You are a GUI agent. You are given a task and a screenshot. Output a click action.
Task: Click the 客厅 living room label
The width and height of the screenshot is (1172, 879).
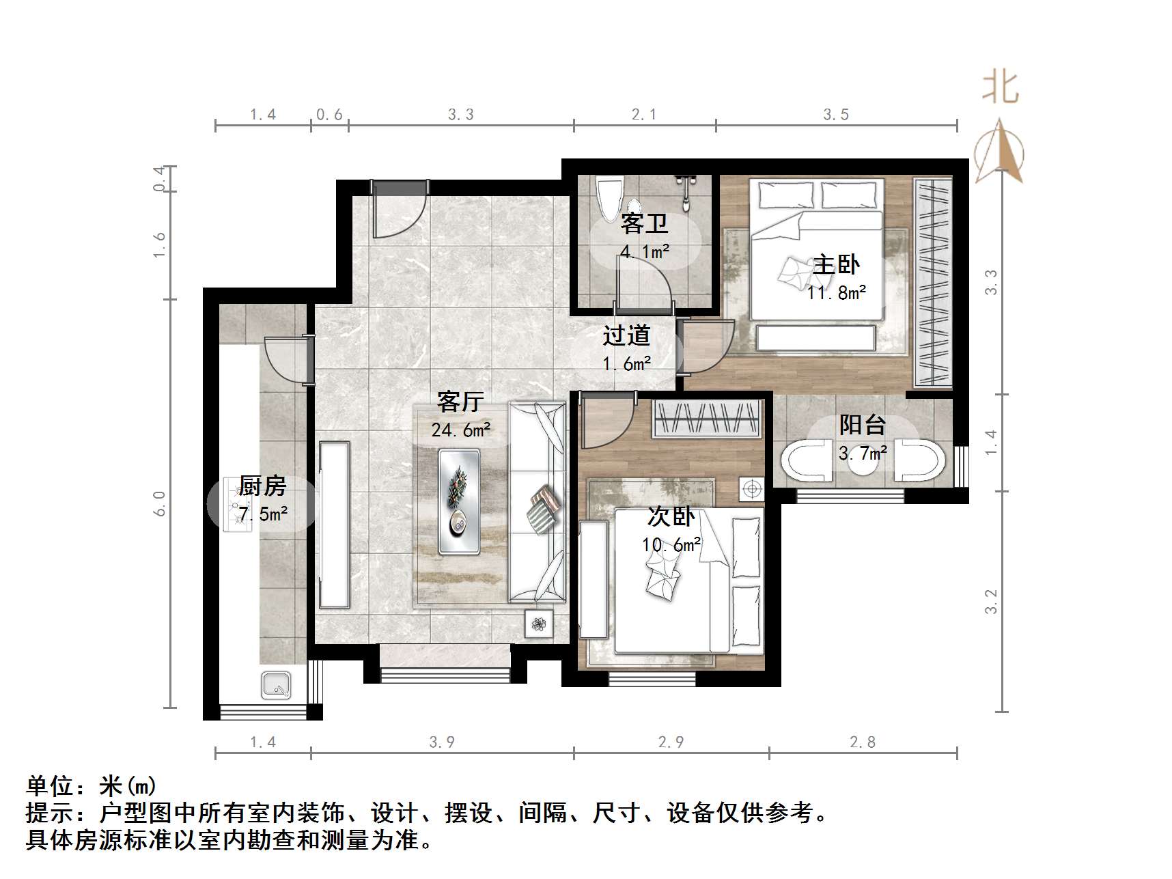click(x=460, y=402)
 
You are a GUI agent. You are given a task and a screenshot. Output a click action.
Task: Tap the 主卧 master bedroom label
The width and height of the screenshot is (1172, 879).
click(x=836, y=264)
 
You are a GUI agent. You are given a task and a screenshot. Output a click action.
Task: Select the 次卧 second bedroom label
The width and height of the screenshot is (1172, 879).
click(x=671, y=516)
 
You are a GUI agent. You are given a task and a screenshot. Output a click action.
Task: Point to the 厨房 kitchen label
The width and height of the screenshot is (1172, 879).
click(x=262, y=486)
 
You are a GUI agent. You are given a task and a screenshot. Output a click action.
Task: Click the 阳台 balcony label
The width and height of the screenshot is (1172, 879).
click(x=862, y=425)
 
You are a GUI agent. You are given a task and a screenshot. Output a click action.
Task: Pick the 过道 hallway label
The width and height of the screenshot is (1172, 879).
click(x=626, y=335)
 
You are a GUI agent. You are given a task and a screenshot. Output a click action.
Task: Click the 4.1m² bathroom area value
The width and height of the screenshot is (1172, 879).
click(x=644, y=251)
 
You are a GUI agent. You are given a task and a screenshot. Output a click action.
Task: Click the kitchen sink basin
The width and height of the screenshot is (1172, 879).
click(x=276, y=684)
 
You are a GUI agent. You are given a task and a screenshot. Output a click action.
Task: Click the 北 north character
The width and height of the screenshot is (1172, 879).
click(x=1001, y=88)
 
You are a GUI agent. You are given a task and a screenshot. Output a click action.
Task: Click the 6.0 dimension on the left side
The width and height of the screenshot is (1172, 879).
click(x=159, y=503)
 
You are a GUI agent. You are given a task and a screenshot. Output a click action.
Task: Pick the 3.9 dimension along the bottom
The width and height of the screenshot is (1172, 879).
click(x=442, y=742)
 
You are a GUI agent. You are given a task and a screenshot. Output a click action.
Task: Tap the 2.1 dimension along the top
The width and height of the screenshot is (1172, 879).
click(x=644, y=115)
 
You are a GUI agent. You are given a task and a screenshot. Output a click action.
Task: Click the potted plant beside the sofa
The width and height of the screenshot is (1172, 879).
click(x=539, y=624)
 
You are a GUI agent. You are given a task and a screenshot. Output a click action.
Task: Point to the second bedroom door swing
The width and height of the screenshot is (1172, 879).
click(x=606, y=421)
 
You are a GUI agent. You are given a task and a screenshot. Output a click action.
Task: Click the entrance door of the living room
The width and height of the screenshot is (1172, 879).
click(x=400, y=209)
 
